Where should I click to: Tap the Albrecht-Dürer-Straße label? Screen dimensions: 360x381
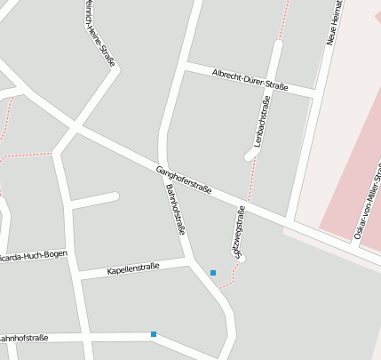(250, 80)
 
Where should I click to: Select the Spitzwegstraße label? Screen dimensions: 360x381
(240, 232)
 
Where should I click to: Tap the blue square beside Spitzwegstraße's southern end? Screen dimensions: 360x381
(213, 272)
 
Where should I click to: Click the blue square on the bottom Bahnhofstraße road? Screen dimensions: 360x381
(154, 334)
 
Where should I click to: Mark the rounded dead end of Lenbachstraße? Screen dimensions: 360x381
(251, 155)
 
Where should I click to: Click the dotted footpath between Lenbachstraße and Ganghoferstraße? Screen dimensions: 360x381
(251, 182)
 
